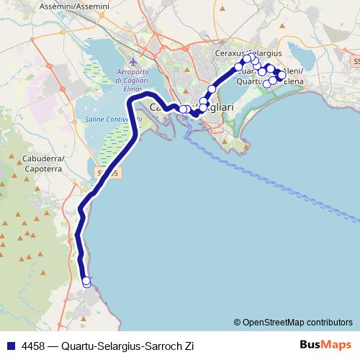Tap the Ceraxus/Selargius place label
[248, 53]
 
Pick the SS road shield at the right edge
[355, 63]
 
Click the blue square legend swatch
[10, 346]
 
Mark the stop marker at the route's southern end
[86, 282]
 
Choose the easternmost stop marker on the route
[282, 74]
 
